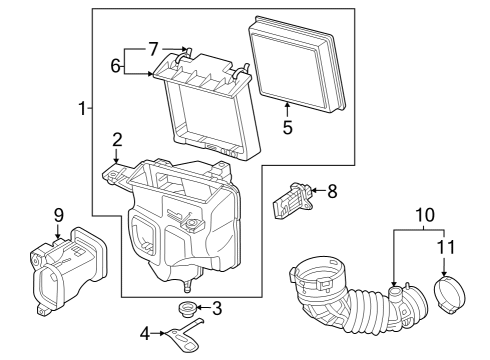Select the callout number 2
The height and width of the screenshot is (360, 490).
[117, 139]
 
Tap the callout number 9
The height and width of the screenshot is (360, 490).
[58, 213]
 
